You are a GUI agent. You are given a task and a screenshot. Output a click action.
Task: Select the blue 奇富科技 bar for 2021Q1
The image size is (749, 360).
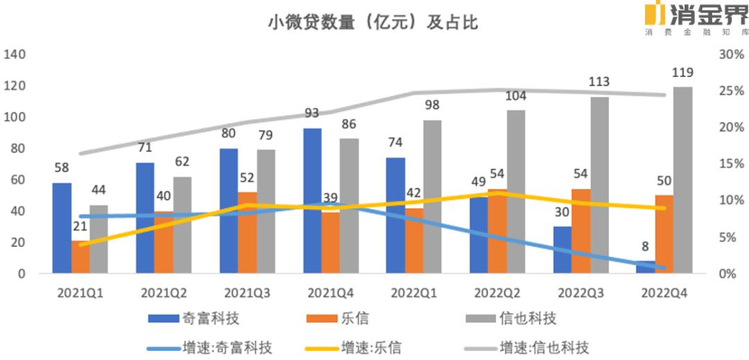point(62,228)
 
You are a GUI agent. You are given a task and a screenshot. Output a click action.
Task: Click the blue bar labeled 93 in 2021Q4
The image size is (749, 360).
point(312,201)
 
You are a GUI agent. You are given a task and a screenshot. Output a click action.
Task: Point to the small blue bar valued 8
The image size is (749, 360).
point(646,267)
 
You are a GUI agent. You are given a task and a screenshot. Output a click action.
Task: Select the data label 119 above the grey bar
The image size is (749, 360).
point(683,73)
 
